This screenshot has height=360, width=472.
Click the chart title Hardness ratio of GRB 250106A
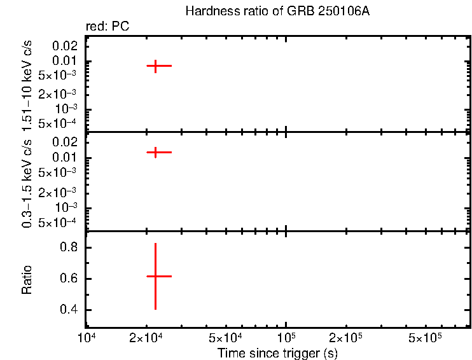277,11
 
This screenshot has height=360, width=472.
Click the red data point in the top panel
155,66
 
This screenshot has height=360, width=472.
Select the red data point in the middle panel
155,152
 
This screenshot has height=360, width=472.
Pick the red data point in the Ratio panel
155,276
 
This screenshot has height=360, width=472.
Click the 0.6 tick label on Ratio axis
68,279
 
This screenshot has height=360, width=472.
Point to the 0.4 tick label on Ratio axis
68,310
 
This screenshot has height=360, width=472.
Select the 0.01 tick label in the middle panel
67,158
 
